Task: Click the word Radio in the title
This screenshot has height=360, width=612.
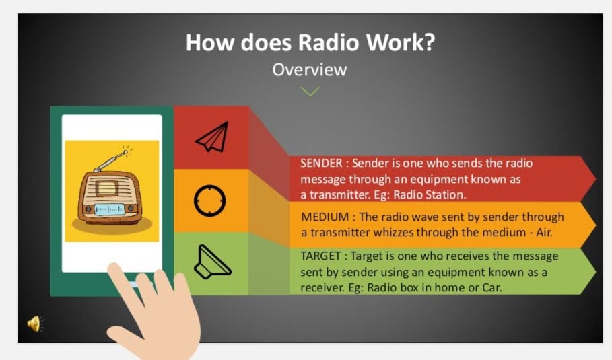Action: [329, 42]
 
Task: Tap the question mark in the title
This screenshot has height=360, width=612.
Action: [429, 42]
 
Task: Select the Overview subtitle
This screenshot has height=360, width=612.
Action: [310, 70]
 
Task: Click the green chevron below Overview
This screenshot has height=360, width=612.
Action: [310, 92]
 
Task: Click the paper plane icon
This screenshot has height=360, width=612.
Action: [212, 137]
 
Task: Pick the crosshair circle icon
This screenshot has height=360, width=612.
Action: [209, 201]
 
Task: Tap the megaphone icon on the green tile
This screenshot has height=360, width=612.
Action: [212, 262]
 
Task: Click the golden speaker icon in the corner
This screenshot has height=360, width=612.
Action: [36, 324]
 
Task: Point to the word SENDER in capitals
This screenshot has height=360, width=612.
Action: [321, 163]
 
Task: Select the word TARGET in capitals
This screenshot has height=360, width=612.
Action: [320, 256]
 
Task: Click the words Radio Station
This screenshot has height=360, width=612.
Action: [430, 194]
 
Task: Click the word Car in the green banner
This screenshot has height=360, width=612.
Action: [491, 288]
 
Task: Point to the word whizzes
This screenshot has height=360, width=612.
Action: [393, 233]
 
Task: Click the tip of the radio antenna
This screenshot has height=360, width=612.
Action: [126, 151]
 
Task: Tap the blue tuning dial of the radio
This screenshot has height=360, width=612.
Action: [110, 209]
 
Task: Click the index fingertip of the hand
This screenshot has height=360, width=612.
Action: [114, 268]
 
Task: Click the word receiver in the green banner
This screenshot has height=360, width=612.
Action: [322, 288]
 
